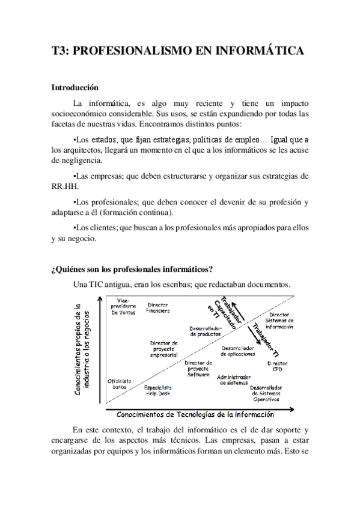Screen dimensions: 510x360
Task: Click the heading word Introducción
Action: pos(75,87)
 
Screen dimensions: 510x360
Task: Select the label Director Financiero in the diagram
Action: pos(158,309)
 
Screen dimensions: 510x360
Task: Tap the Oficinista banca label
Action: pos(119,384)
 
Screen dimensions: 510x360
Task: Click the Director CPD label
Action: pos(277,366)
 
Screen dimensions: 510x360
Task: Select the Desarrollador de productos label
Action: pos(206,331)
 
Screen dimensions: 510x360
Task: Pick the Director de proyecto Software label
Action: pos(198,369)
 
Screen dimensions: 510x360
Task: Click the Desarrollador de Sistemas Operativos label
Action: pos(267,393)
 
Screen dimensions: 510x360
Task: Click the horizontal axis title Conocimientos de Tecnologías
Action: pos(195,414)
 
